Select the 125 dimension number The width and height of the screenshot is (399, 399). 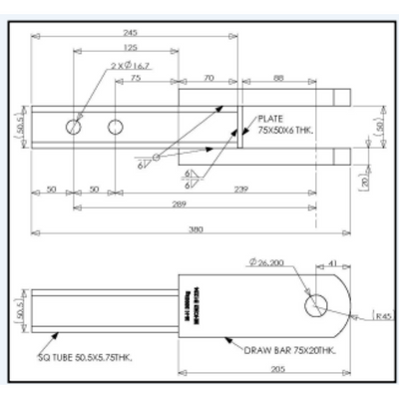click(131, 47)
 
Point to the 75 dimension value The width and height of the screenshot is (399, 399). click(135, 77)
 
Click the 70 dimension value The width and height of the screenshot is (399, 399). click(209, 77)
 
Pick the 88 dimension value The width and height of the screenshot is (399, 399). click(278, 77)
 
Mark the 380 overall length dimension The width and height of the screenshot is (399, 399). click(196, 229)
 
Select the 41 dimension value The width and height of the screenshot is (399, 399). click(332, 262)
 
